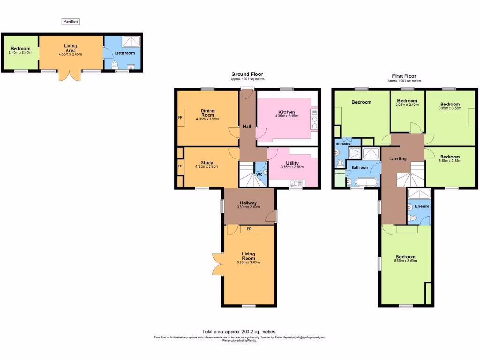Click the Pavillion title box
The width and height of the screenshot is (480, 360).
(x=71, y=21)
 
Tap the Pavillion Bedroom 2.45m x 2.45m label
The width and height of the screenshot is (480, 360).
(x=20, y=51)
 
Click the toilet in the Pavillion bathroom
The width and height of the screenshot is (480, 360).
(x=115, y=65)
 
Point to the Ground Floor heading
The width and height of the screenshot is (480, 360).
(x=247, y=74)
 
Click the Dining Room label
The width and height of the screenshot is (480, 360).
(x=208, y=113)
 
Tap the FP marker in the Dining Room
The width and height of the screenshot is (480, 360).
(x=180, y=117)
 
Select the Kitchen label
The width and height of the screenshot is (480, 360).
(x=287, y=112)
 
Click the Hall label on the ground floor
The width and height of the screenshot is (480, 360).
(x=247, y=127)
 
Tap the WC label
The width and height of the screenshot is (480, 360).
(x=259, y=175)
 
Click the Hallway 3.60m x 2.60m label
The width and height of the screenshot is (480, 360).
(x=248, y=205)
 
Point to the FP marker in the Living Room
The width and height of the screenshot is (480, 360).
(x=249, y=229)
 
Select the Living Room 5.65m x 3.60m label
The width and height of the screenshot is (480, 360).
(x=248, y=258)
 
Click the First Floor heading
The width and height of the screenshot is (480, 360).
(x=404, y=76)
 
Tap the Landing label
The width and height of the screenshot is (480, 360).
(x=398, y=159)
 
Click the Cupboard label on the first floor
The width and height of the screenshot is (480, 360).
(x=340, y=173)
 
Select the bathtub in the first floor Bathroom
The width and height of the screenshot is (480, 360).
(x=363, y=182)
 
